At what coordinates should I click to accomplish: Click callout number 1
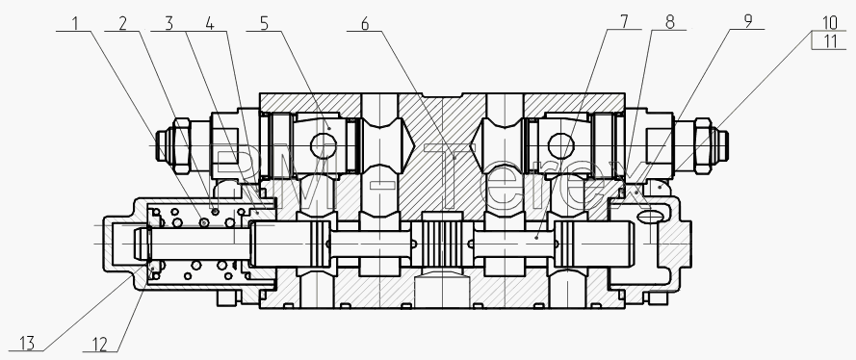point(76,23)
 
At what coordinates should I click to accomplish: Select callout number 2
point(123,23)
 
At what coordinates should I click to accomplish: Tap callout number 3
point(169,23)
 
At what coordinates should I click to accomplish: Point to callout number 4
point(210,23)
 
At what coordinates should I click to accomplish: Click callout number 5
point(265,23)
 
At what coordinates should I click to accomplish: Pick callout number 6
point(365,23)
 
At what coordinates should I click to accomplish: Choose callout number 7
point(624,21)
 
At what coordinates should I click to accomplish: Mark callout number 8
point(670,21)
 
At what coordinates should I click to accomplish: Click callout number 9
point(748,21)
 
